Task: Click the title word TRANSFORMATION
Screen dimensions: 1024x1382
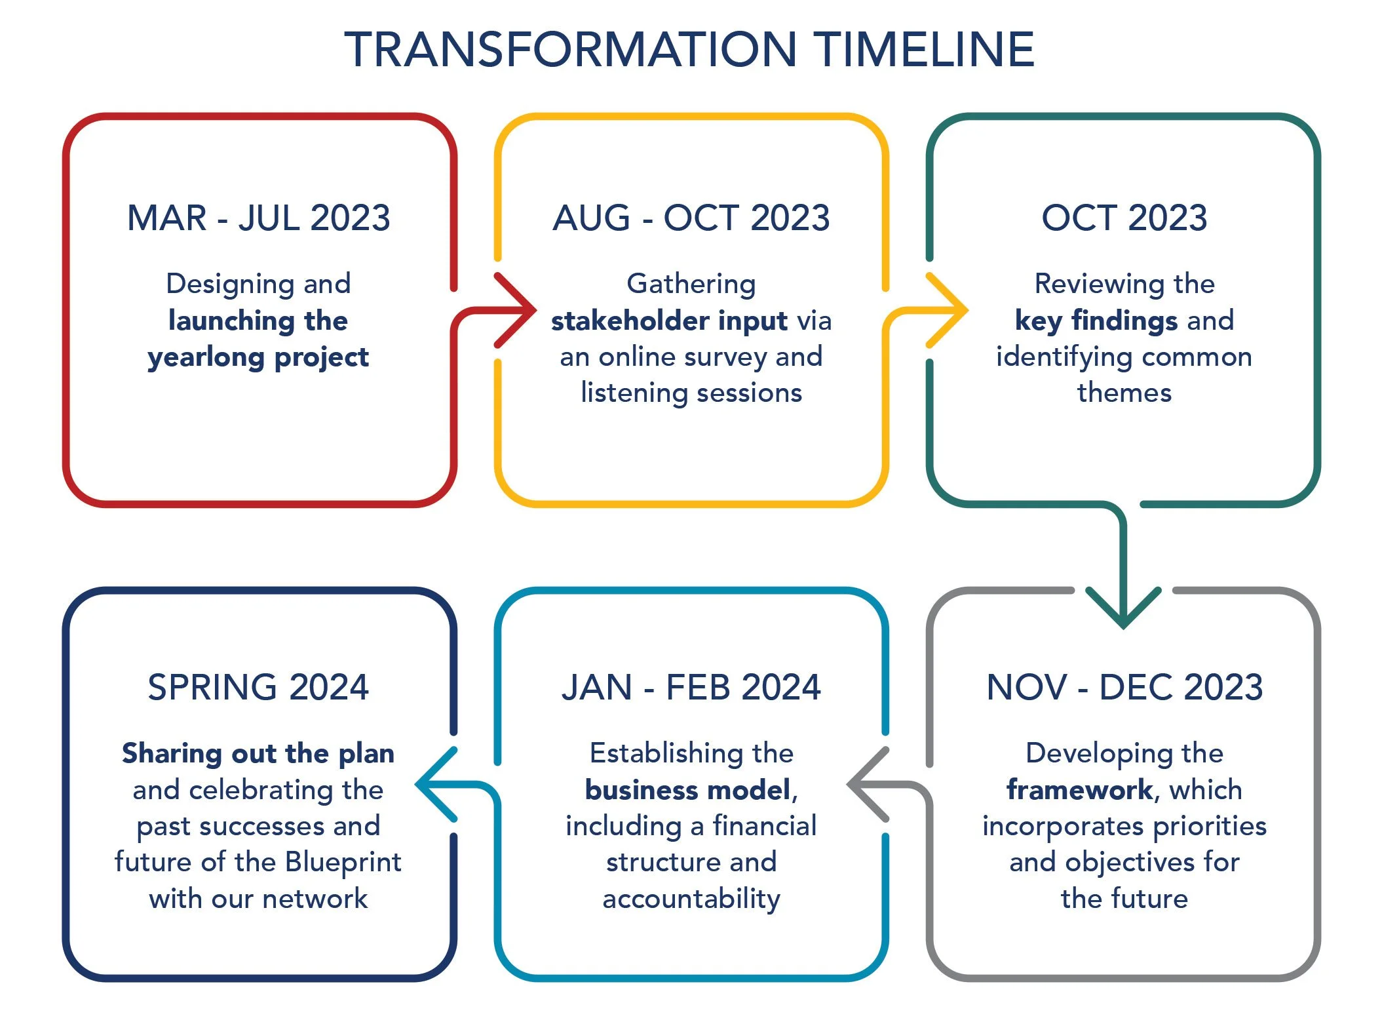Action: coord(570,50)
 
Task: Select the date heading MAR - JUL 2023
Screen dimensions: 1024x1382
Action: coord(258,218)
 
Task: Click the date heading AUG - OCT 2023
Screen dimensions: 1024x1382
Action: coord(691,218)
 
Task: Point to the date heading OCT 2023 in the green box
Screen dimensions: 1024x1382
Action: coord(1124,218)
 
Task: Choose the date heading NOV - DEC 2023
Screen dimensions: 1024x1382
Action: coord(1124,687)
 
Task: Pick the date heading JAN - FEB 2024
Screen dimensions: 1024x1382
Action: coord(691,687)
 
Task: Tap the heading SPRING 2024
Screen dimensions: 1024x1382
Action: coord(258,687)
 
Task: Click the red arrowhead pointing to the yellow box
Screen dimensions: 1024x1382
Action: coord(521,310)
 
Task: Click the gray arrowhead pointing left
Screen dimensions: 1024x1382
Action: coord(864,784)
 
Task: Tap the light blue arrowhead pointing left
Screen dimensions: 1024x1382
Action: coord(432,784)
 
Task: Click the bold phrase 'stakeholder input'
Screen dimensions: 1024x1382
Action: coord(669,321)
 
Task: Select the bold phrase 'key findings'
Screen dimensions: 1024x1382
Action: coord(1096,321)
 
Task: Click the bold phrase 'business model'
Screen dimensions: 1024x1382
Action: coord(687,790)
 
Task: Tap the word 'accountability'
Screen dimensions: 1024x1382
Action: coord(691,899)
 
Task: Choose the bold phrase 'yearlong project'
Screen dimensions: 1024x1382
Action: coord(258,357)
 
